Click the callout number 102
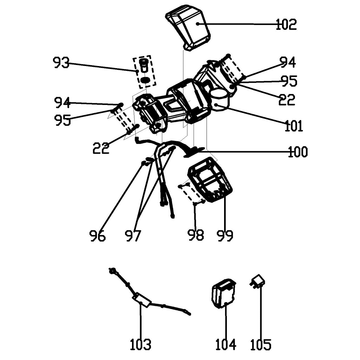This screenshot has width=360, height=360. [x=286, y=25]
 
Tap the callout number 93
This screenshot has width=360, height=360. [x=61, y=63]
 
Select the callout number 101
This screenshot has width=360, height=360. [x=294, y=125]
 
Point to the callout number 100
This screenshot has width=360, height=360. [x=297, y=152]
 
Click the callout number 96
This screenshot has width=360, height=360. [x=97, y=236]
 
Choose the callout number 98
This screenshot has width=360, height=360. [x=196, y=235]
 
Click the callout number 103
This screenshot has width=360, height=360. [x=140, y=345]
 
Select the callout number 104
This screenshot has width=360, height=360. [x=225, y=345]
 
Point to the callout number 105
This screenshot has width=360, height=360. [x=261, y=345]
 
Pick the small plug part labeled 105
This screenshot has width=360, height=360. [x=258, y=281]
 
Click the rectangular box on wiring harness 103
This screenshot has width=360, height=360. [x=142, y=300]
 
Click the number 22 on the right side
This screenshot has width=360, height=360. [x=287, y=100]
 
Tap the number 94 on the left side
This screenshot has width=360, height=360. [x=63, y=103]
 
